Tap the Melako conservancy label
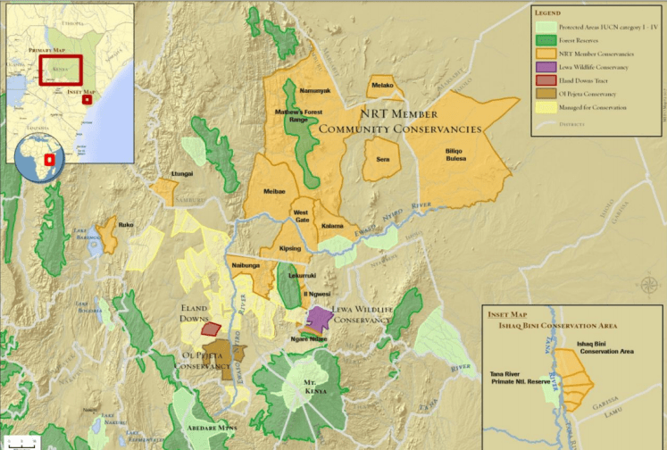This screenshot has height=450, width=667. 380,86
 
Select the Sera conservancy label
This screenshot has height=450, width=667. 383,159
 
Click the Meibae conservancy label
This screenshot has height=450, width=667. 274,191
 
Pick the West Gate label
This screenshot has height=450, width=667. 302,216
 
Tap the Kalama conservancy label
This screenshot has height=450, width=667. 332,226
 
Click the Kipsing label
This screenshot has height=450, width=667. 290,247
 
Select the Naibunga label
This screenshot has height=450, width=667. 246,265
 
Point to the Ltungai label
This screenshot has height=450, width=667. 182,173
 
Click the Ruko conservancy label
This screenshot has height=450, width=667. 126,225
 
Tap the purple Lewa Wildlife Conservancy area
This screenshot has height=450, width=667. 319,318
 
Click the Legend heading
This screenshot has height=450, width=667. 547,13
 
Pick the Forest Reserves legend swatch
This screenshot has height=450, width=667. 544,38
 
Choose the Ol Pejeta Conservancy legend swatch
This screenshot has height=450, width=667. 544,94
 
